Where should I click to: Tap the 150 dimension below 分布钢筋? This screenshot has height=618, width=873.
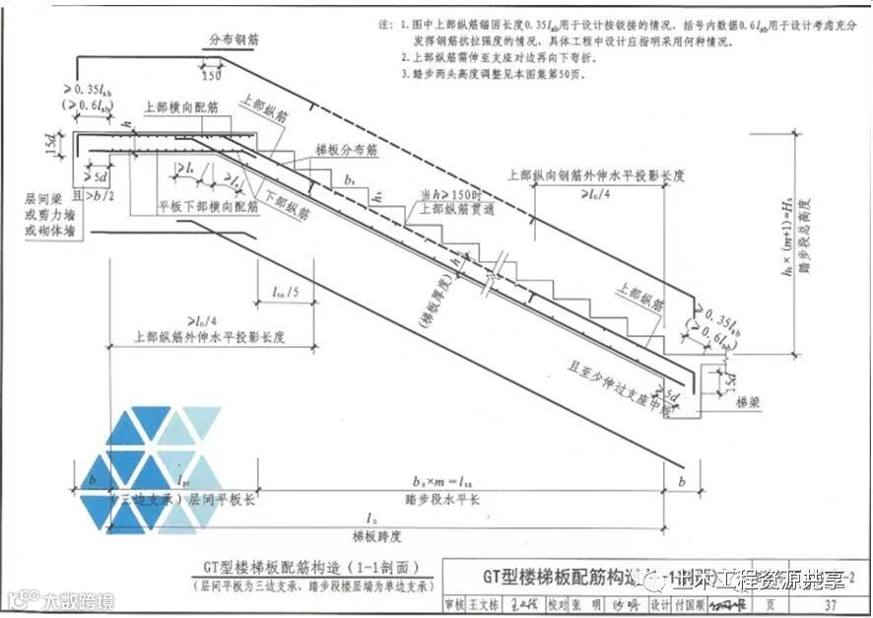tap(211, 75)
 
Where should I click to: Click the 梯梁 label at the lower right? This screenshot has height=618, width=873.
tap(749, 402)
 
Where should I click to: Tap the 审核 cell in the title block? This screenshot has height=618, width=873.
tap(455, 603)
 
